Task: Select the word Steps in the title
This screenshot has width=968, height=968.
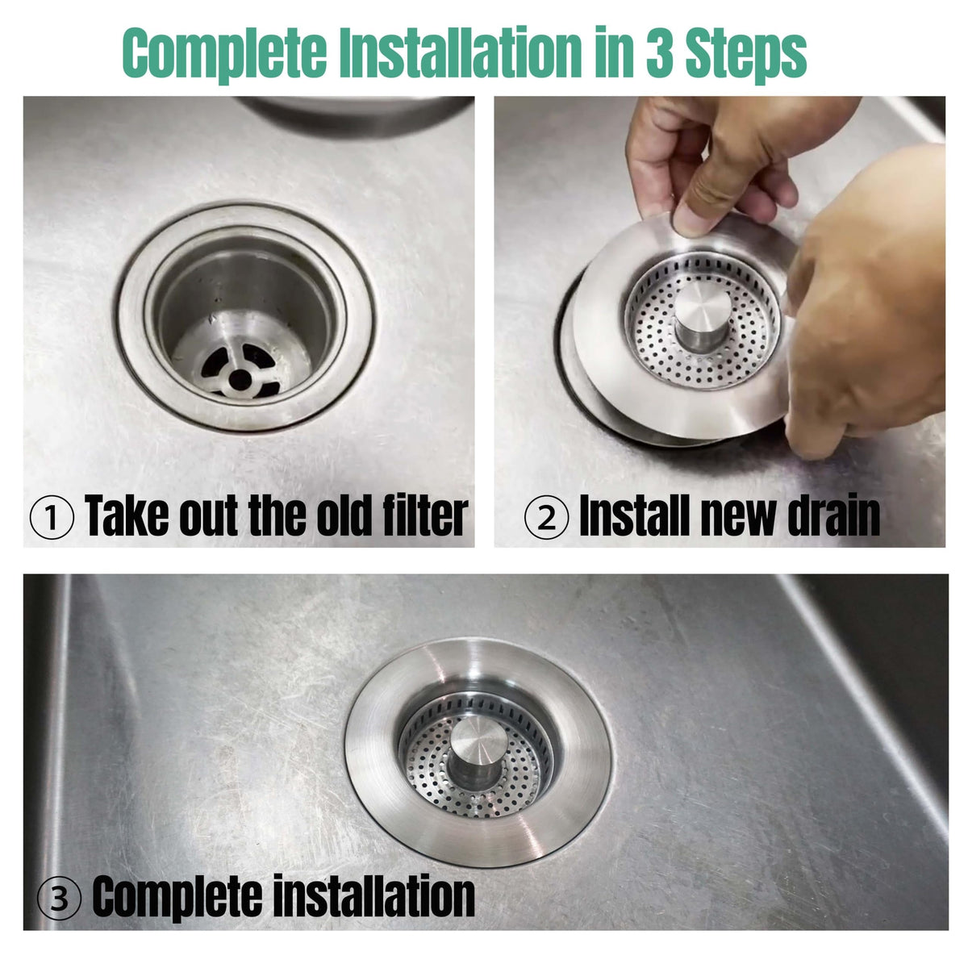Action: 746,55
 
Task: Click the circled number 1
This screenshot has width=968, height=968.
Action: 52,517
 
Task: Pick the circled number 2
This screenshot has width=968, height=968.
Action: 547,517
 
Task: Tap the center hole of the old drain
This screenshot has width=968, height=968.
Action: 240,379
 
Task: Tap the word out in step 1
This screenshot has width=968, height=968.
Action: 208,517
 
